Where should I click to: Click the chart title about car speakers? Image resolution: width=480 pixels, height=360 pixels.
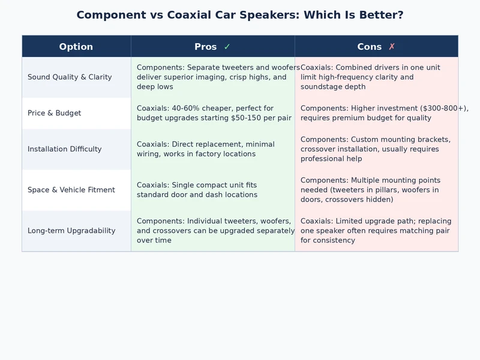tap(240, 15)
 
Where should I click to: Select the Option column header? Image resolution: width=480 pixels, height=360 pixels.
tap(76, 47)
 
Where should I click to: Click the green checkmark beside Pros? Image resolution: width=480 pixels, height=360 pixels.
tap(227, 47)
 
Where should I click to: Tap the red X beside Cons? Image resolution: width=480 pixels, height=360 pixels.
tap(392, 47)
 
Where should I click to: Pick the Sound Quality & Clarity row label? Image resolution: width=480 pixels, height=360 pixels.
tap(70, 77)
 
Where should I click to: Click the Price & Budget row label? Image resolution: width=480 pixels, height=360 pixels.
tap(54, 113)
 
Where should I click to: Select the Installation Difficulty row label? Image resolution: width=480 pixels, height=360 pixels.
tap(65, 149)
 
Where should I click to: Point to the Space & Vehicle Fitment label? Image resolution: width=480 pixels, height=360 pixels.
tap(71, 190)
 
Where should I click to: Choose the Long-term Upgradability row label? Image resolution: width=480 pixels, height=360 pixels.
tap(71, 230)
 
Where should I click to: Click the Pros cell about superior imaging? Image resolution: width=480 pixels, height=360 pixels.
tap(213, 77)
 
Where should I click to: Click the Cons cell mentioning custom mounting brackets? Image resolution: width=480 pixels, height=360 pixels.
tap(376, 149)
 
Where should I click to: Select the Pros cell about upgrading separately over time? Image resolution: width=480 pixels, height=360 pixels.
tap(213, 230)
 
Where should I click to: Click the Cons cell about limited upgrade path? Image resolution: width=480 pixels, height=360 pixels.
tap(376, 230)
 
